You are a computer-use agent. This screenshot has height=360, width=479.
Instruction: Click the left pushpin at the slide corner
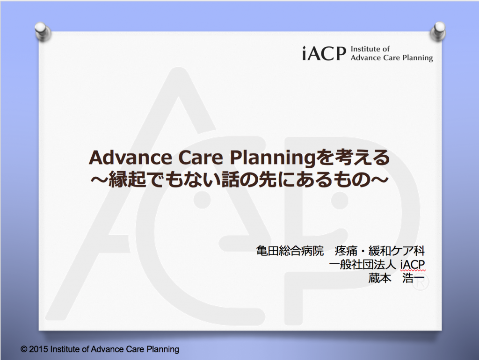[43, 31]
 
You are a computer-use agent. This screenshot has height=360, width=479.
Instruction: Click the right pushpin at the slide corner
[438, 31]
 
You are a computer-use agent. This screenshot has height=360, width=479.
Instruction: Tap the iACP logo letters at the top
[324, 53]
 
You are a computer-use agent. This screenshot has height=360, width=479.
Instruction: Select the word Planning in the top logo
[418, 58]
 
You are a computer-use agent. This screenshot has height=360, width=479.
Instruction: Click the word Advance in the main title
[131, 158]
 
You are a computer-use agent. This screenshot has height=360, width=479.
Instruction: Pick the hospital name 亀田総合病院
[290, 251]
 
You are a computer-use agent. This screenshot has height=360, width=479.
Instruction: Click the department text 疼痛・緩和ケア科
[380, 251]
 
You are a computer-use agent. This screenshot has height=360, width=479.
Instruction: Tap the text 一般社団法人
[363, 265]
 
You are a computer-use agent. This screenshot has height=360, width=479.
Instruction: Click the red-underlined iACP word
[413, 265]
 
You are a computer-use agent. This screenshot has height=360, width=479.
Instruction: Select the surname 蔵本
[380, 278]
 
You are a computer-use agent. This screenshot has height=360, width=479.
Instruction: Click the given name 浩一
[414, 278]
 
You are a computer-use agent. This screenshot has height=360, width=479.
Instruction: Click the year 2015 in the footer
[38, 349]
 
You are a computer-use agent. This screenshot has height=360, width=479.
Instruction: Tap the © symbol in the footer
[24, 349]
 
